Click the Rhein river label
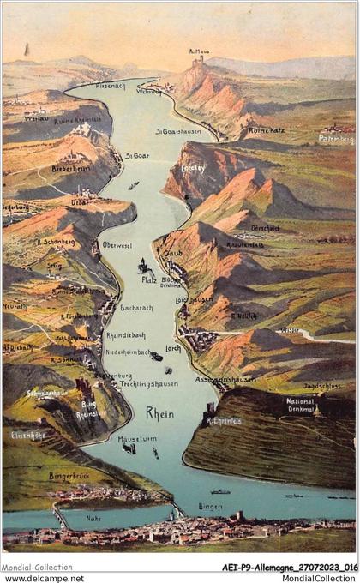(159, 413)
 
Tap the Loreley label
(194, 168)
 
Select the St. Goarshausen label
(177, 131)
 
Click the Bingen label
(210, 508)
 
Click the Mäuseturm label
(137, 439)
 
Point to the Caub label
(173, 255)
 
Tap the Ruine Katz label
(266, 130)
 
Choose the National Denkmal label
(300, 405)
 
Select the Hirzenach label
(111, 87)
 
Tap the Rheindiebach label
(125, 335)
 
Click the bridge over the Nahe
(60, 516)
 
